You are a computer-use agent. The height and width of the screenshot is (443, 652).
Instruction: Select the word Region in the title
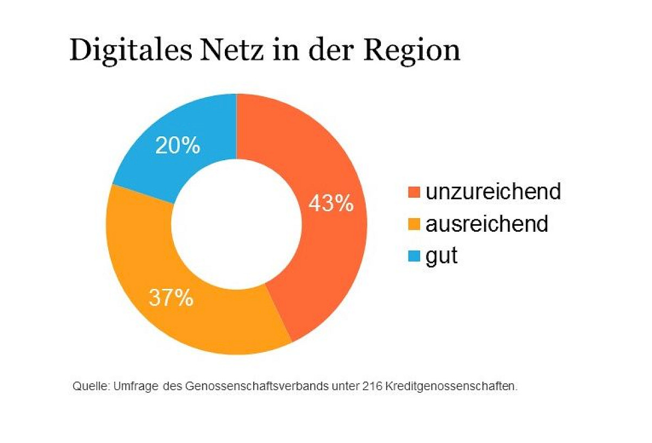(x=411, y=51)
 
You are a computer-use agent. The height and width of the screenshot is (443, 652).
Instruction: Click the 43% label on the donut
(x=331, y=204)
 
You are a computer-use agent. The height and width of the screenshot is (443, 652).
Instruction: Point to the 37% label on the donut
(x=171, y=298)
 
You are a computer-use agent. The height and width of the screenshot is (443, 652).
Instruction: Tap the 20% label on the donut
(x=178, y=145)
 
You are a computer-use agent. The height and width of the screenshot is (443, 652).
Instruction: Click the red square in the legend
(x=414, y=192)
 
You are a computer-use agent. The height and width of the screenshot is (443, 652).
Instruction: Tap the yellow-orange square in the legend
(x=414, y=224)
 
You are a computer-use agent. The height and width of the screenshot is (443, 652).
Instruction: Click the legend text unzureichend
(x=493, y=191)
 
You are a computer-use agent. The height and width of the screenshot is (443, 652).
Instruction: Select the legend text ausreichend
(x=487, y=224)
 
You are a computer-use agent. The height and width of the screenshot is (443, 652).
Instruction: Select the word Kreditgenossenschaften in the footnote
(x=450, y=387)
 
